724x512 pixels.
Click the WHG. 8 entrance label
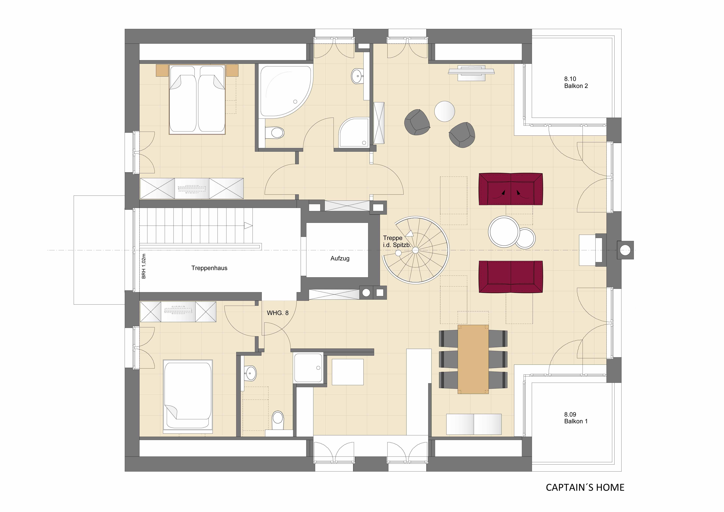tap(277, 313)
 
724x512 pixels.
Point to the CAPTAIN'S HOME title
tap(585, 487)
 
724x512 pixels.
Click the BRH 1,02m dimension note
tap(144, 266)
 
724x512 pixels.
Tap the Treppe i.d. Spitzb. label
tap(397, 241)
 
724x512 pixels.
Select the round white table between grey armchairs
tap(445, 111)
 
